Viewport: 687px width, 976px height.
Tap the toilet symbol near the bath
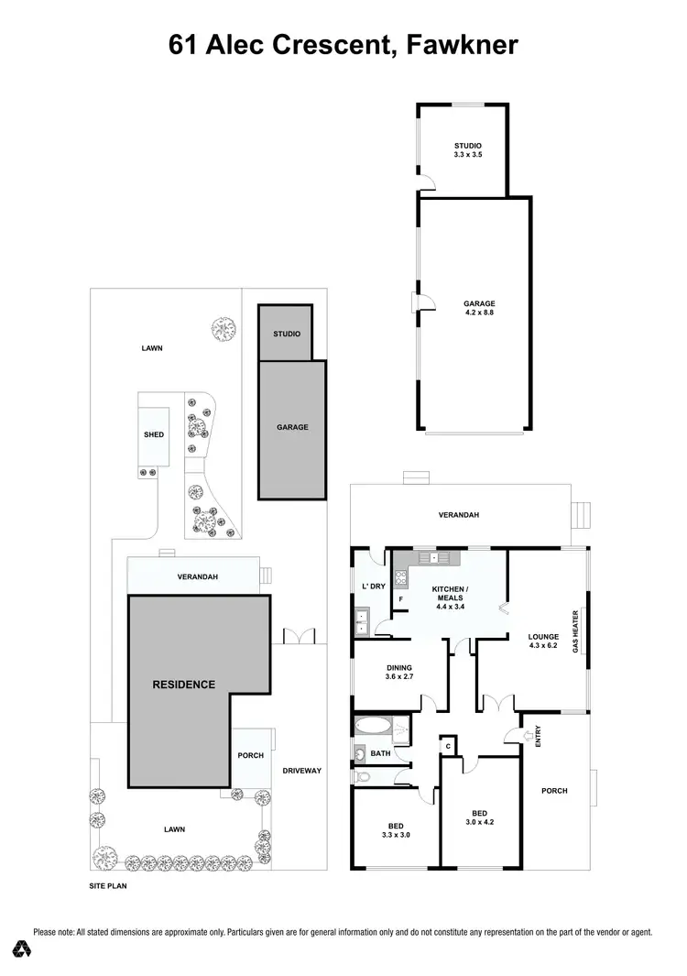click(365, 777)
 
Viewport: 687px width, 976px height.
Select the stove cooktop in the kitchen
click(399, 577)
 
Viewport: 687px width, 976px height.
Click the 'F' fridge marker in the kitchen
click(400, 599)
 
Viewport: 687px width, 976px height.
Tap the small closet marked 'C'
click(447, 745)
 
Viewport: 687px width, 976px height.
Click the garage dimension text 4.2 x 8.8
click(478, 312)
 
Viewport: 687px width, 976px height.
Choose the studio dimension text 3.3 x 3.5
click(467, 156)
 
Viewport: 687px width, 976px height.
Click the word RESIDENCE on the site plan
click(183, 684)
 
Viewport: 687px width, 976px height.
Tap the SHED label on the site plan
click(153, 434)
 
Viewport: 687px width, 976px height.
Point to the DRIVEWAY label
click(301, 771)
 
